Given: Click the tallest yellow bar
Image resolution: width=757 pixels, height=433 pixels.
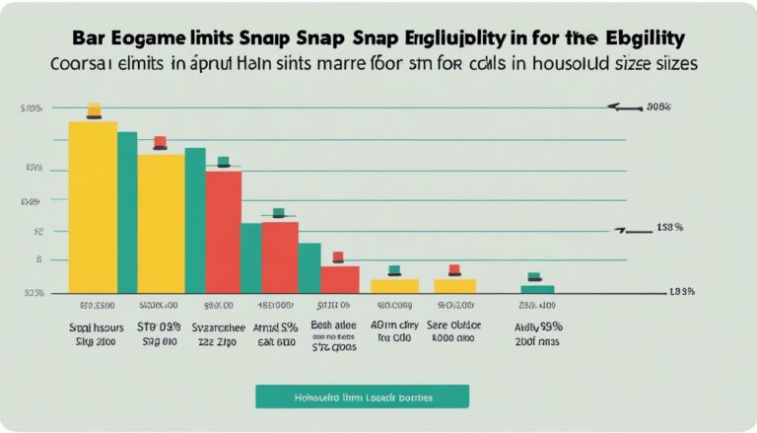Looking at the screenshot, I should [x=92, y=207].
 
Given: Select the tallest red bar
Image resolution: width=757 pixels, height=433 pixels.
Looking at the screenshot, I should [x=224, y=233].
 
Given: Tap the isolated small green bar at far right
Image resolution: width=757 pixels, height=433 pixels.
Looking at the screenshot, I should [x=537, y=289].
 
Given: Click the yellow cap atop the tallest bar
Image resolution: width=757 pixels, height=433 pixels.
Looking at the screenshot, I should [x=94, y=109].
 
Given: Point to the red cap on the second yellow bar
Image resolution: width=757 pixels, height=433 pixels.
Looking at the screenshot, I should [x=160, y=142].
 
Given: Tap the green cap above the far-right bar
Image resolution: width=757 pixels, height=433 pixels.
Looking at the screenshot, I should [x=534, y=277].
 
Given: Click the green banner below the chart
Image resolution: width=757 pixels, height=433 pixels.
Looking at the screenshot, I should [x=362, y=397].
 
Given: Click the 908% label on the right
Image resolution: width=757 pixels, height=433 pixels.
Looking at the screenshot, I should [x=658, y=106].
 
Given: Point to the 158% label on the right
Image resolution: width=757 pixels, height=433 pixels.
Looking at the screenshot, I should [x=669, y=228].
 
